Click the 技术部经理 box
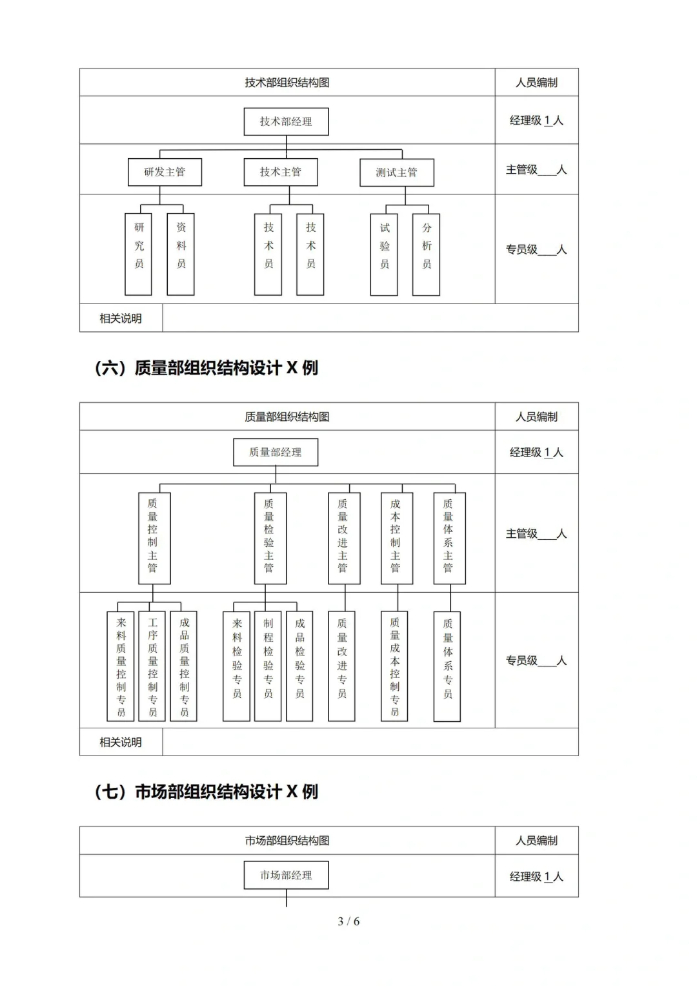click(286, 121)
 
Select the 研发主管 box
click(165, 172)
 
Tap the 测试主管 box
click(396, 172)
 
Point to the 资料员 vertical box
click(181, 254)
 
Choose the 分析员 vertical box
click(426, 254)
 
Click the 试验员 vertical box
click(384, 254)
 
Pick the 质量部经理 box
click(276, 452)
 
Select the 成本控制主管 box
click(396, 538)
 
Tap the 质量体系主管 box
click(449, 538)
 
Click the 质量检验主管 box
click(269, 538)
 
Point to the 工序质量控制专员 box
click(152, 666)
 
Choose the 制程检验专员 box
click(268, 666)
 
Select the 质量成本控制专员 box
click(395, 666)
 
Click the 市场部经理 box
click(286, 875)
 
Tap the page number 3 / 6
click(348, 921)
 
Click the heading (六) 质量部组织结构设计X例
click(207, 368)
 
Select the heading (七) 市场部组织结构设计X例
click(207, 792)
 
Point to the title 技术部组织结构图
click(287, 83)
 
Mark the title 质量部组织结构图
click(287, 417)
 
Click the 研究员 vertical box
click(139, 254)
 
